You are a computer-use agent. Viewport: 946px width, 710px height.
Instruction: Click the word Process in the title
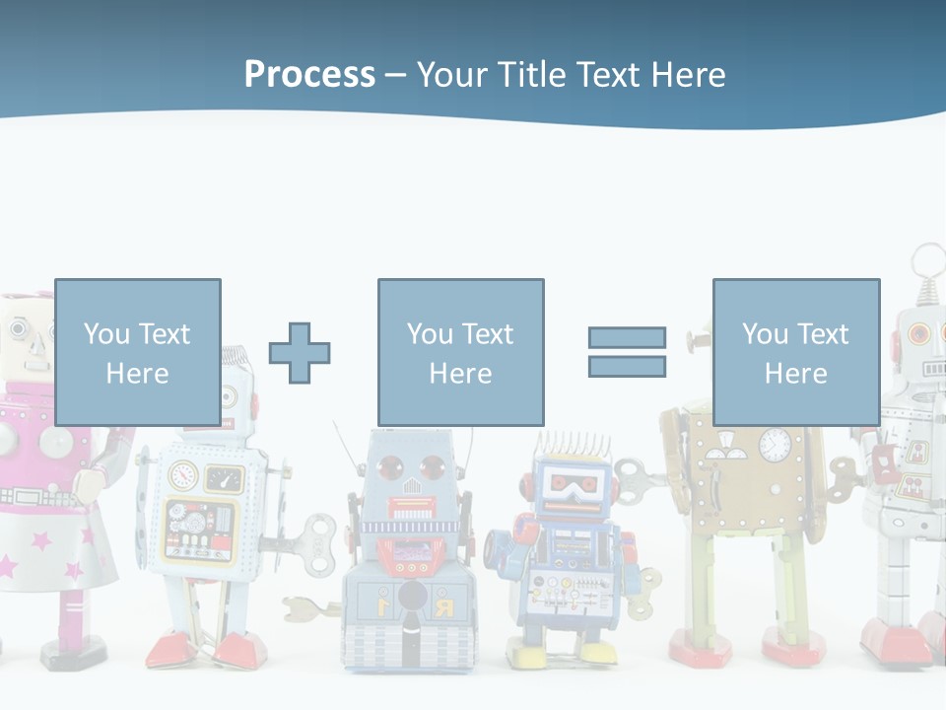point(309,74)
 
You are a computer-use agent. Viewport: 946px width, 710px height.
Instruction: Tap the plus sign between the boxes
point(300,352)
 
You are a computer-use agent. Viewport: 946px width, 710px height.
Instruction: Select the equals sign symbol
point(627,352)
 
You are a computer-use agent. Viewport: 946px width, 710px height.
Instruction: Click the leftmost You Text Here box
point(138,352)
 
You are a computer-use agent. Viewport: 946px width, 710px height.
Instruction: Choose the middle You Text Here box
point(460,352)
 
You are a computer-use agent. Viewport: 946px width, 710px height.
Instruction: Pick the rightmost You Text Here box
point(795,352)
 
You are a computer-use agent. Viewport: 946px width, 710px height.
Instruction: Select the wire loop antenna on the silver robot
point(927,261)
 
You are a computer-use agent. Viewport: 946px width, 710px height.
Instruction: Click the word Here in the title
point(689,74)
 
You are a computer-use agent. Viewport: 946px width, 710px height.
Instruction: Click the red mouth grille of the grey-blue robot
point(411,508)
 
